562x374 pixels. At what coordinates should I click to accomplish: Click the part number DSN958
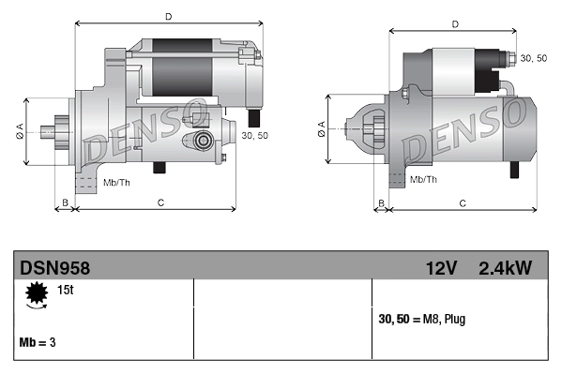pos(53,268)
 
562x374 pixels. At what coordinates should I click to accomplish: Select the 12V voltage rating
pos(440,268)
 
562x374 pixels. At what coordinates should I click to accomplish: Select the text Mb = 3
pos(38,342)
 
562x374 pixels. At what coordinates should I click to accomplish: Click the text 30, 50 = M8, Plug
pos(421,320)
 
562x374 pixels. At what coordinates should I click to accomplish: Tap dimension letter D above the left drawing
pos(167,17)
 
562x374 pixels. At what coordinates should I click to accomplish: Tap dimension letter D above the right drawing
pos(454,24)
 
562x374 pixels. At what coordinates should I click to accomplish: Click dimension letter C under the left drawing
pos(160,202)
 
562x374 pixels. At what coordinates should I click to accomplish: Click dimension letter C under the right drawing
pos(463,202)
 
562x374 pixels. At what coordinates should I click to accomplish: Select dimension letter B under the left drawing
pos(65,202)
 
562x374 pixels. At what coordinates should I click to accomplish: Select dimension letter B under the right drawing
pos(381,202)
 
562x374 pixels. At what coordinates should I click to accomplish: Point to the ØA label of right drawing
pos(322,130)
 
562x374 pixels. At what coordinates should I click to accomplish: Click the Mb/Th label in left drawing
pos(116,181)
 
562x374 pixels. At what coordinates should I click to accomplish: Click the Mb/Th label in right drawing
pos(424,178)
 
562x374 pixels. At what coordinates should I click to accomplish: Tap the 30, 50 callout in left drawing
pos(254,136)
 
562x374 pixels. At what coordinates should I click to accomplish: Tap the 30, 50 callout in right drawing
pos(534,58)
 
